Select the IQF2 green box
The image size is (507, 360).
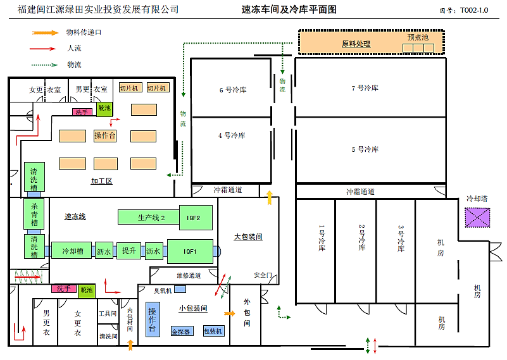(x=193, y=218)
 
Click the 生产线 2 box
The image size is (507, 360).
(x=151, y=218)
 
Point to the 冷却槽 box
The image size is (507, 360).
(x=73, y=251)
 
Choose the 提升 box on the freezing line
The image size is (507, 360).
(x=129, y=251)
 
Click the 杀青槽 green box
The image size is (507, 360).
(x=34, y=214)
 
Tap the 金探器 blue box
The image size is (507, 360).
(x=181, y=331)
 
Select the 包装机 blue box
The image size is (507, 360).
(x=213, y=331)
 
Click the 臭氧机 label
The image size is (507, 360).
(x=163, y=290)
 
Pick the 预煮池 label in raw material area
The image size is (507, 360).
(x=418, y=37)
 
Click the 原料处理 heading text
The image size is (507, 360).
(x=356, y=44)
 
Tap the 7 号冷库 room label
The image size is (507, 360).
(x=365, y=88)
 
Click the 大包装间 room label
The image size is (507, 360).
(x=248, y=237)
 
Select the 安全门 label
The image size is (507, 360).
(x=263, y=275)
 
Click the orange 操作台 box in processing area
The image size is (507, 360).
(x=105, y=135)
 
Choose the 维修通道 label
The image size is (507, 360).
(x=188, y=275)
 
